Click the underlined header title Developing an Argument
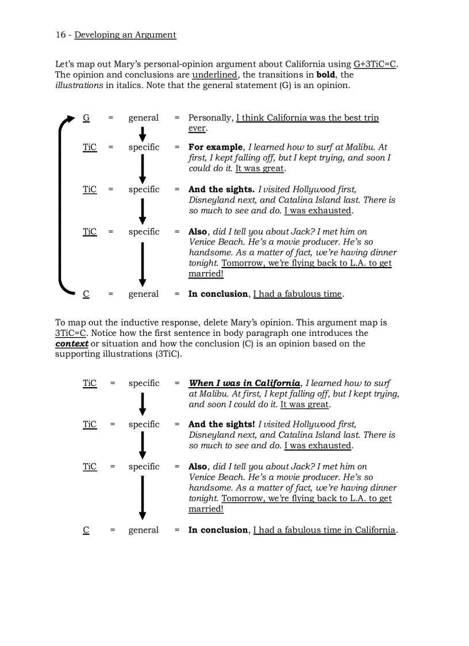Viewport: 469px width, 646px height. [x=125, y=35]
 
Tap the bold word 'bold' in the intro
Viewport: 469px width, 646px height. [x=326, y=75]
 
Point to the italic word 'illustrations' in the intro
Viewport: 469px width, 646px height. [x=79, y=85]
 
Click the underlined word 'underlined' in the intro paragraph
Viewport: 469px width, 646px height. [x=214, y=75]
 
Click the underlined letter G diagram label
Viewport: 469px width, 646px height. [x=86, y=118]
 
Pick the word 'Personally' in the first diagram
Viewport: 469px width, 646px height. [x=210, y=118]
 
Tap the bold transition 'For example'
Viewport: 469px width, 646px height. [x=216, y=147]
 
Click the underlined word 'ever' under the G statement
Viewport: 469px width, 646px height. [x=197, y=128]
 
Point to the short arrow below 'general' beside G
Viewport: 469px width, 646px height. [x=143, y=133]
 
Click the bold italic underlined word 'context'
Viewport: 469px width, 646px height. [x=72, y=343]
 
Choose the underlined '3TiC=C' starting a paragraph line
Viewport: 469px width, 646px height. [x=70, y=333]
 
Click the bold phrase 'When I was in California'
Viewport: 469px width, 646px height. [x=244, y=383]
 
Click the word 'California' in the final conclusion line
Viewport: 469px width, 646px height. [x=375, y=530]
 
